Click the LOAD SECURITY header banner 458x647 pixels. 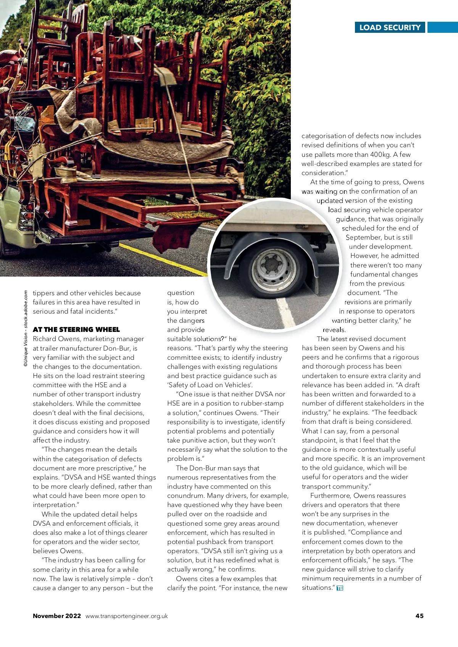[390, 27]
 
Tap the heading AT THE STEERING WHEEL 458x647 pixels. [76, 329]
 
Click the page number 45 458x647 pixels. [419, 616]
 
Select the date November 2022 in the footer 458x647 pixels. [57, 616]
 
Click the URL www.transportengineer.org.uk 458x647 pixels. [126, 616]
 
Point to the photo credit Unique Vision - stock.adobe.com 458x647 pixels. [26, 328]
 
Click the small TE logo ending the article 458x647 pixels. [340, 588]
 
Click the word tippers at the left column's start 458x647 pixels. [44, 293]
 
